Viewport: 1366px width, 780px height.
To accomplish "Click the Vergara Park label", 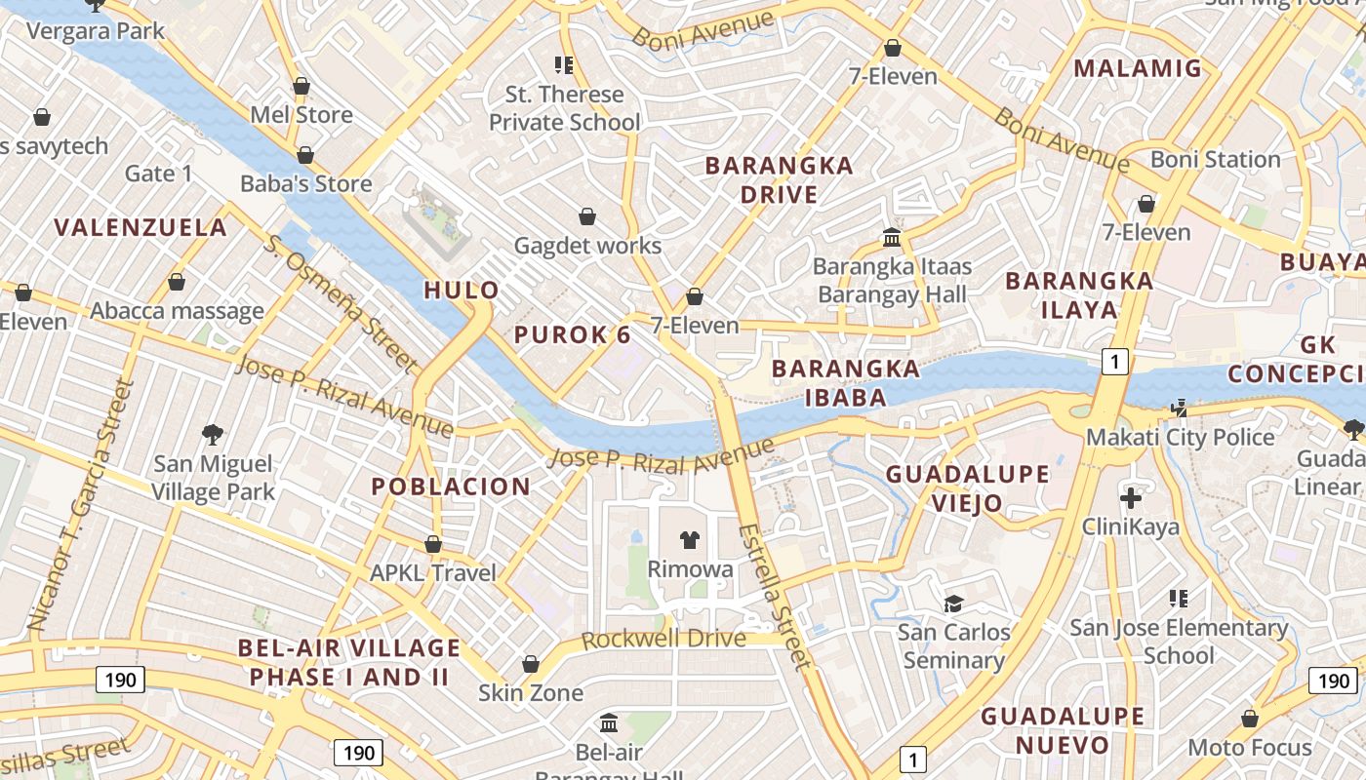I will tap(96, 31).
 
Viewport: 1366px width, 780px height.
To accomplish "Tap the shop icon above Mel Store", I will tap(301, 86).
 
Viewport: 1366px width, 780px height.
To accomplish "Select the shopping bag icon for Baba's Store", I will tap(305, 155).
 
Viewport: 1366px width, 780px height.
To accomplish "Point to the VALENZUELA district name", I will tap(141, 228).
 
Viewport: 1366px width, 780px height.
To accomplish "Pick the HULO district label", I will tap(462, 290).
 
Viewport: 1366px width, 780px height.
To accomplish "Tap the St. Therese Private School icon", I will tap(564, 65).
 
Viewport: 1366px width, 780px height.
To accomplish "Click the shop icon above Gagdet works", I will tap(587, 216).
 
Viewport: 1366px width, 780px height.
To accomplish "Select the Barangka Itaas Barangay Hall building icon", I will tap(891, 237).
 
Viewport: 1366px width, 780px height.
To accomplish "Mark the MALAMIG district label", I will tap(1138, 68).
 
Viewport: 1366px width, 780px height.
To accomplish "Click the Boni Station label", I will tap(1215, 159).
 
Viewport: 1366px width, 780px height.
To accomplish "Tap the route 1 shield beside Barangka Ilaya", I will tap(1115, 362).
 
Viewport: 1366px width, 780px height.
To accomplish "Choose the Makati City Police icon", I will tap(1181, 409).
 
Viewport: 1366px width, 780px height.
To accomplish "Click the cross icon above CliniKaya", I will tap(1130, 498).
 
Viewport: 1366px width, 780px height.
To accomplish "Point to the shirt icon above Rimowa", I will tap(690, 540).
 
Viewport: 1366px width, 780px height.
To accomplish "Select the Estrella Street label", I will tap(775, 597).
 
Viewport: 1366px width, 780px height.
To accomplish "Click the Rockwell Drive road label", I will tap(663, 640).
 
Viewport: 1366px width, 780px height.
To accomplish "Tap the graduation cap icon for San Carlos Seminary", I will tap(953, 604).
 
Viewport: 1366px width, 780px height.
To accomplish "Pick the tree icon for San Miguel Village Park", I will tap(213, 434).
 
